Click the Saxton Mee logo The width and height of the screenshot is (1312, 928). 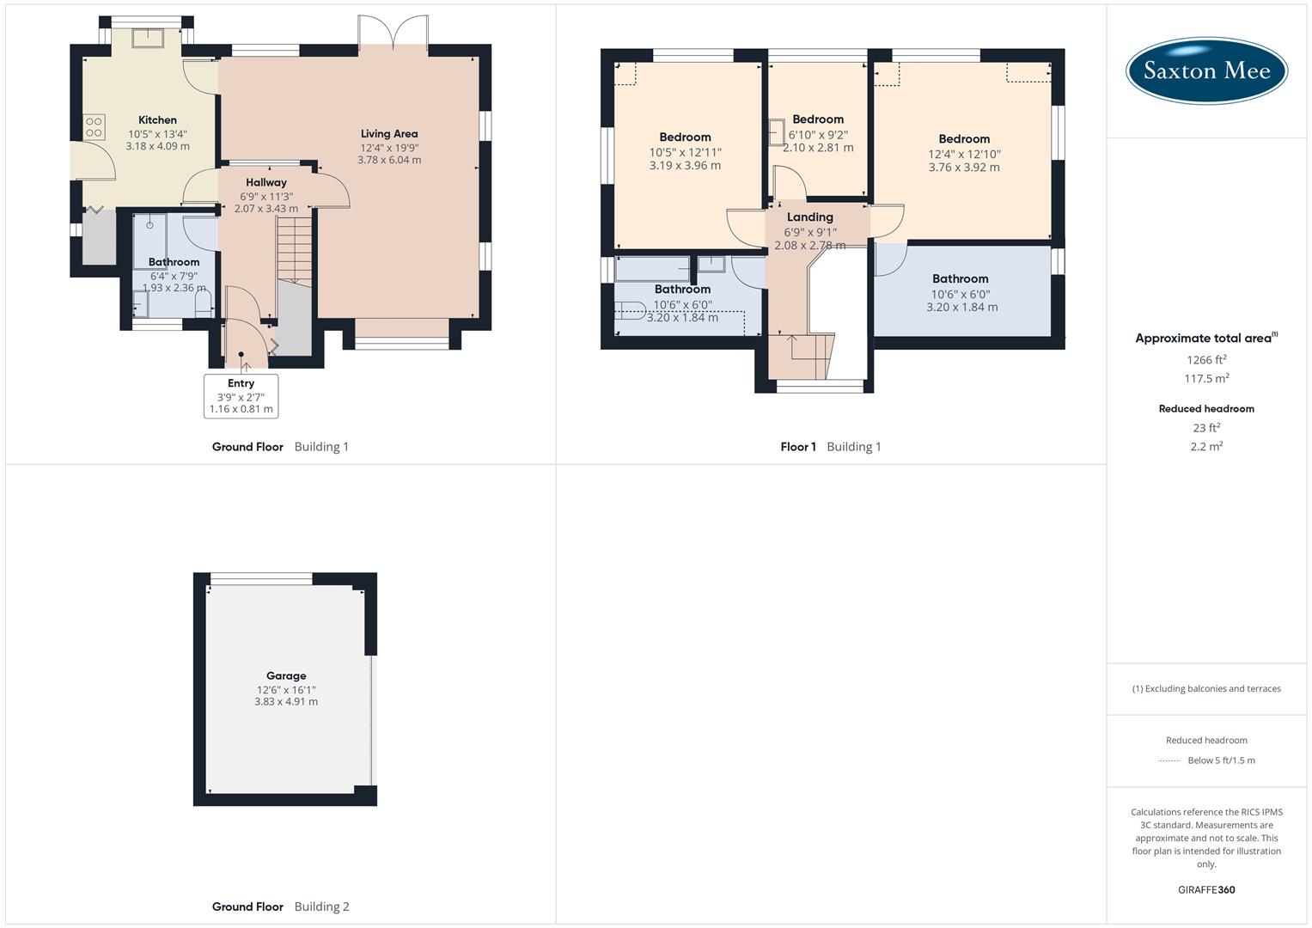(x=1206, y=70)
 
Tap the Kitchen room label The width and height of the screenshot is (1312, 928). (x=158, y=120)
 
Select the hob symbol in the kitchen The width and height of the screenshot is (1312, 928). (x=94, y=128)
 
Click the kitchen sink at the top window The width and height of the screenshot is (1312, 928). (x=147, y=37)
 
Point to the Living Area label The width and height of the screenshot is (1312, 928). (x=389, y=134)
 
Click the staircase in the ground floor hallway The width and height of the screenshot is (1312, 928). (x=294, y=250)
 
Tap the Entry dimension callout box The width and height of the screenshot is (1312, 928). (x=241, y=396)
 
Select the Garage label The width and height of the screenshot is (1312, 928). (x=286, y=676)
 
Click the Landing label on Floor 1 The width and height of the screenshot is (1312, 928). (x=810, y=217)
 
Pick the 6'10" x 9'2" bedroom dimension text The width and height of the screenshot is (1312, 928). (x=818, y=135)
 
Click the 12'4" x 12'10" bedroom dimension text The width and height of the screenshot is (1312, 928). (x=964, y=155)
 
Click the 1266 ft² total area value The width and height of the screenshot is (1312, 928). (x=1206, y=360)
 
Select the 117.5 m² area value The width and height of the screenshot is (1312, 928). (x=1206, y=379)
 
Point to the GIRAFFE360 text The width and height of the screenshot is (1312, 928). (x=1206, y=890)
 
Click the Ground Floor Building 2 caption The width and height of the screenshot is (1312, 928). (x=281, y=907)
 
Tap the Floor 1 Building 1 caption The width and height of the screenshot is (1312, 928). (x=831, y=447)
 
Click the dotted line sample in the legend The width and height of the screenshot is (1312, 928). (x=1170, y=760)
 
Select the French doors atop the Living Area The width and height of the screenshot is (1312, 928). (x=394, y=32)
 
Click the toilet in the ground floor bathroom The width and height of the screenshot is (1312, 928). (x=204, y=303)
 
